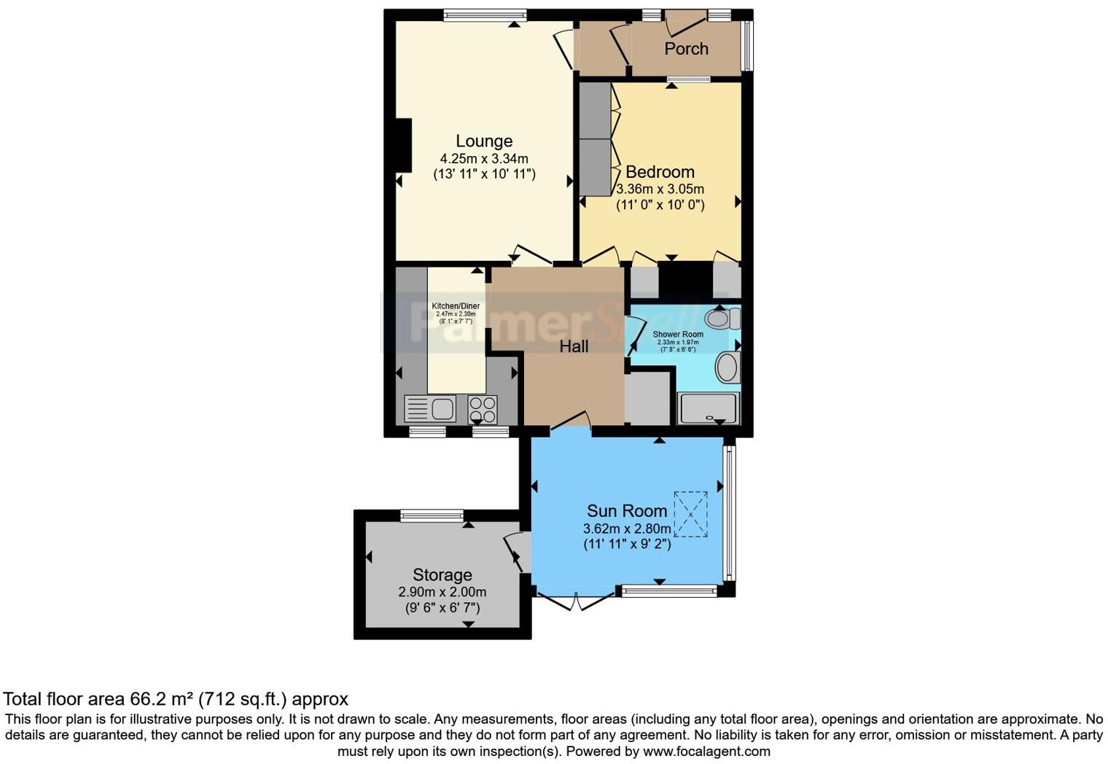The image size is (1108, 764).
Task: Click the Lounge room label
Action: [484, 141]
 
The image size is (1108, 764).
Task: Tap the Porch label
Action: [686, 49]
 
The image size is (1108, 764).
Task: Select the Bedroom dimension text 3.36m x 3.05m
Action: [660, 189]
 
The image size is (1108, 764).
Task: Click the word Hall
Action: [574, 347]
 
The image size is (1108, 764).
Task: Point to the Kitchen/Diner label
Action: [456, 306]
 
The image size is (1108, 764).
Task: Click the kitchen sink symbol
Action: [431, 408]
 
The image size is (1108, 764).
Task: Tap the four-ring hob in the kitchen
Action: [482, 409]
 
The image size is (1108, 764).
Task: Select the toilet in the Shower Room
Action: [722, 319]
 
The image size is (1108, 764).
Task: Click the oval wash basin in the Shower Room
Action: [727, 367]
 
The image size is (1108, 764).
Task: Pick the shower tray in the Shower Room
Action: [708, 408]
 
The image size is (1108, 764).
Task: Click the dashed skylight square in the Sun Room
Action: [690, 514]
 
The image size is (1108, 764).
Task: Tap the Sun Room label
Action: [627, 511]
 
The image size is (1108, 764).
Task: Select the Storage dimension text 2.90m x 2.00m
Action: [442, 592]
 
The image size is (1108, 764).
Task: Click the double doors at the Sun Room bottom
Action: [575, 602]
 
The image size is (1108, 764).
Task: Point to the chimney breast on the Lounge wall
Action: [403, 146]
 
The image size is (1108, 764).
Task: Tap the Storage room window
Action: [432, 515]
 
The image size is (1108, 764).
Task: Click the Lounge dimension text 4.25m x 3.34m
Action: [484, 158]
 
